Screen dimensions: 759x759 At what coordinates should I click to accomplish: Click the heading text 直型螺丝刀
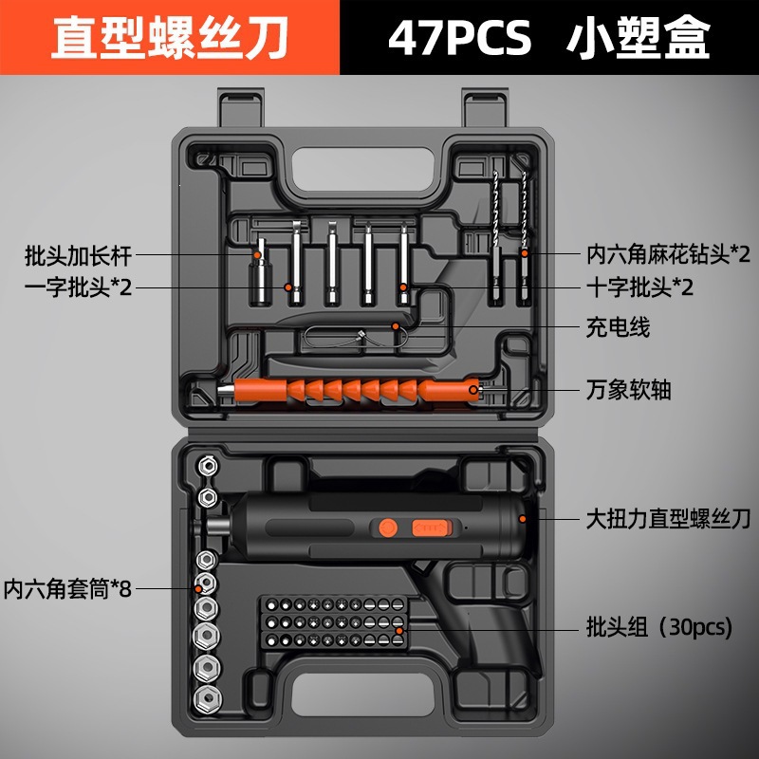click(171, 37)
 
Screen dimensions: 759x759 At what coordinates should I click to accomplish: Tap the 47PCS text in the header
click(459, 37)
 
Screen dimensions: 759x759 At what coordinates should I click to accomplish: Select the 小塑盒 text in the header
click(638, 37)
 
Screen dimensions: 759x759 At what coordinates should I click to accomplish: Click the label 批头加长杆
click(78, 255)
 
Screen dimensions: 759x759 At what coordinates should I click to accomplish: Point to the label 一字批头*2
click(78, 287)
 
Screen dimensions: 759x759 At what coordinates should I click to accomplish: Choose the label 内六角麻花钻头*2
click(669, 254)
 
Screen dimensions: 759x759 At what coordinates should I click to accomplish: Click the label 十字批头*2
click(639, 287)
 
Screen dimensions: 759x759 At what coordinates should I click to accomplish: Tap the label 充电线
click(618, 327)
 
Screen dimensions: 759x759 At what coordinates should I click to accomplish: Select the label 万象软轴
click(628, 390)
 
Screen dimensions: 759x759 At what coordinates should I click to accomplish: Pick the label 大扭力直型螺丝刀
click(668, 519)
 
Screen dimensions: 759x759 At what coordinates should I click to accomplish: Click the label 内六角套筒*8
click(67, 588)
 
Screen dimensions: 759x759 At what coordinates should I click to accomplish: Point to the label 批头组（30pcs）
click(659, 627)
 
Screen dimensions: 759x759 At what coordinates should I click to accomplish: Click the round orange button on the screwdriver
click(388, 528)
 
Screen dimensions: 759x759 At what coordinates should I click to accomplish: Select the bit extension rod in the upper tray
click(259, 271)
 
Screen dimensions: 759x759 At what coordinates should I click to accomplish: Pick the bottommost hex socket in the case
click(208, 699)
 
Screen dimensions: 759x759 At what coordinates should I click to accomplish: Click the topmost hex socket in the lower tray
click(208, 466)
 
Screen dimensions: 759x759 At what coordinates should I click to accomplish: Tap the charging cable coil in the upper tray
click(359, 336)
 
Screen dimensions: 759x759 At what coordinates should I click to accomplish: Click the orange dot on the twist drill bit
click(525, 252)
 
